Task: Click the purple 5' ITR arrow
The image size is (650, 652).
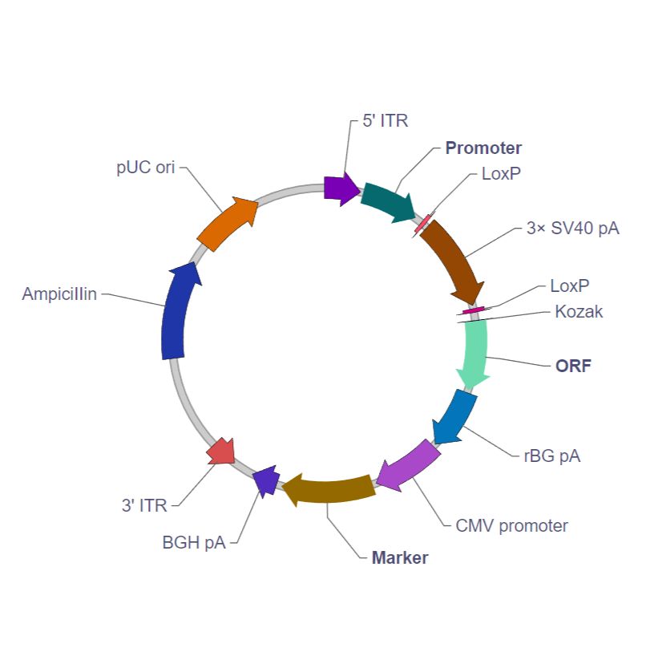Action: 341,189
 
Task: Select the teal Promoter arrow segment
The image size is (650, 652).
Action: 387,201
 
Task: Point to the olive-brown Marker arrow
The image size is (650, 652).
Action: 329,489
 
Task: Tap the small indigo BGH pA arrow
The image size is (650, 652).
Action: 266,480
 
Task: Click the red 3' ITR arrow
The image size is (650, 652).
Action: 220,452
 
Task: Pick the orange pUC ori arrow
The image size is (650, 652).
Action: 227,224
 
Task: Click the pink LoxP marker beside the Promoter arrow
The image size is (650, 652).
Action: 422,224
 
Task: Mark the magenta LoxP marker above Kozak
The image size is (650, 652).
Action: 474,310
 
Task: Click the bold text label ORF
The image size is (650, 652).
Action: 573,366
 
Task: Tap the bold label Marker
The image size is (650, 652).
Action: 400,557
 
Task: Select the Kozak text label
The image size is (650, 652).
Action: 579,311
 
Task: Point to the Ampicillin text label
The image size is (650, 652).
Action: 59,294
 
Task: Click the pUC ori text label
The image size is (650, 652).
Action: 145,167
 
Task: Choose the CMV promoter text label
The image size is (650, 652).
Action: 511,525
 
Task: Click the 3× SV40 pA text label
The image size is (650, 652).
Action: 573,228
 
